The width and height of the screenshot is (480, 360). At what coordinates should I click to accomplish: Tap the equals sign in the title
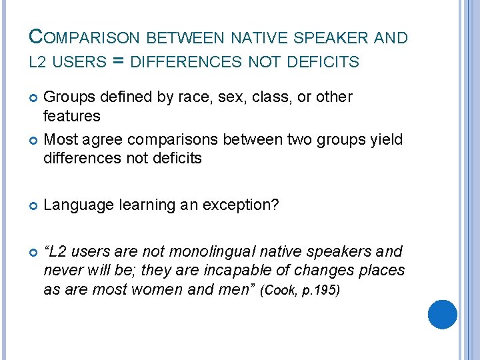(118, 62)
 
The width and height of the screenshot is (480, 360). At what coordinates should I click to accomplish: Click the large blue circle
(442, 314)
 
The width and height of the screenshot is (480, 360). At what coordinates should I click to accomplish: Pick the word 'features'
(71, 117)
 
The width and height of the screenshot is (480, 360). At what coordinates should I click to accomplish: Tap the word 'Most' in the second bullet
(59, 140)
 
